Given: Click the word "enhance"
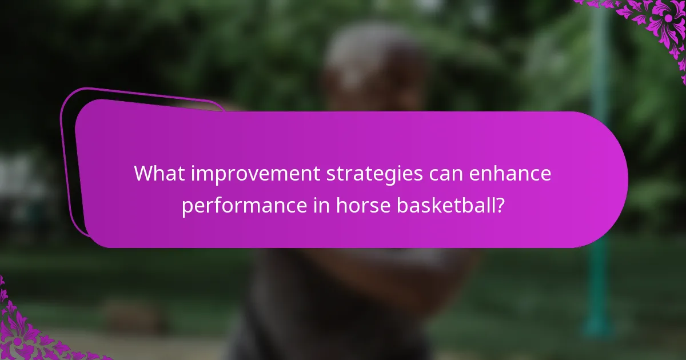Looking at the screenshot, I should coord(512,174).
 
